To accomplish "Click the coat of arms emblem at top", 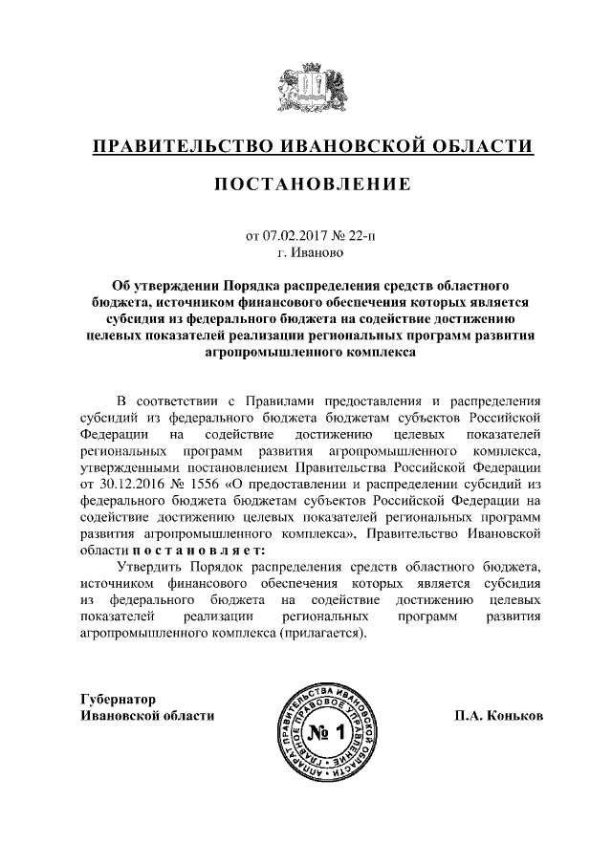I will pyautogui.click(x=305, y=88).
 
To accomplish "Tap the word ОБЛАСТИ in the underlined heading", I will pyautogui.click(x=483, y=147).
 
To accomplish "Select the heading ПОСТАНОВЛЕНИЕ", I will pyautogui.click(x=306, y=184).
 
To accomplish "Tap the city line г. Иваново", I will pyautogui.click(x=306, y=253).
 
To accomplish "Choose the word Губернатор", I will pyautogui.click(x=118, y=699).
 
